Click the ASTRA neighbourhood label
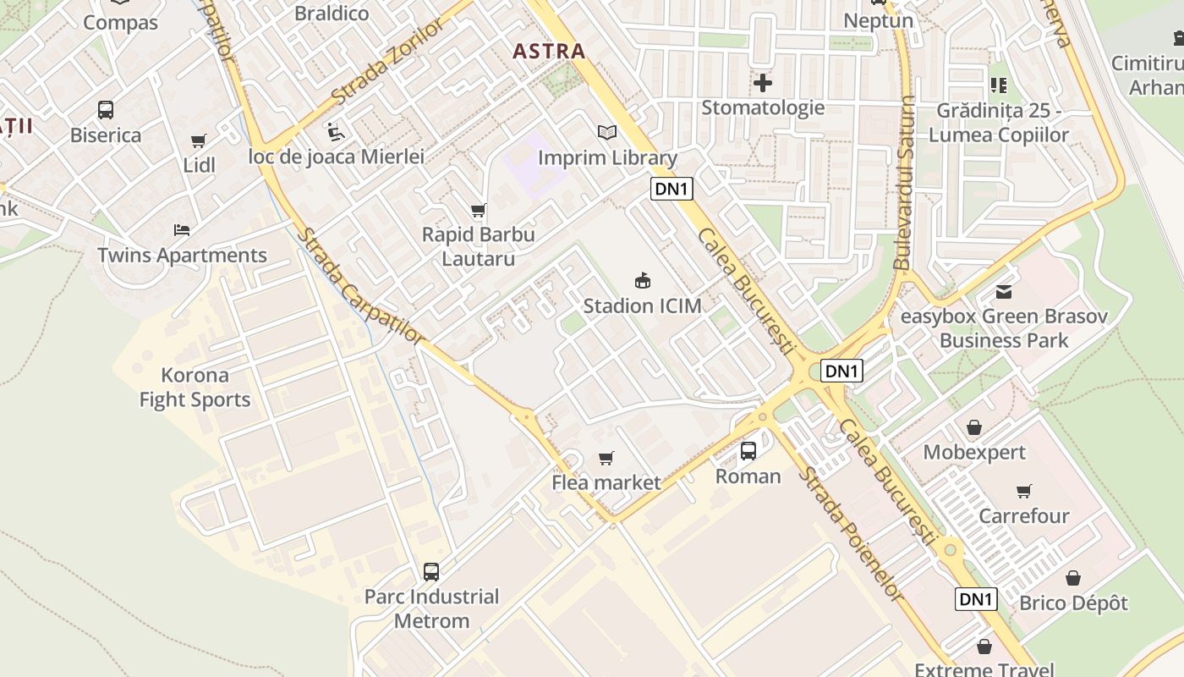[x=549, y=51]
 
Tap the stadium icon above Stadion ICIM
[x=643, y=280]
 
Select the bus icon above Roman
[x=748, y=451]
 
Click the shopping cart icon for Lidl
[x=199, y=140]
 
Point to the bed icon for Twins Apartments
[x=182, y=229]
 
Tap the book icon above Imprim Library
[x=607, y=132]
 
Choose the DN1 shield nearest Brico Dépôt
[x=976, y=599]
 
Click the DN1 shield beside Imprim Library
[x=671, y=189]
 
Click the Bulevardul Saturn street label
[x=905, y=183]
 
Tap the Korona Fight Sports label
[x=195, y=388]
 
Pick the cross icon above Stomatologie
[x=763, y=83]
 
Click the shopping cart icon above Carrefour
[x=1024, y=491]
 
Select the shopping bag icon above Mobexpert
[x=974, y=427]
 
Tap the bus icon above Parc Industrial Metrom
[x=431, y=572]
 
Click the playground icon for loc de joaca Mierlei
[x=336, y=132]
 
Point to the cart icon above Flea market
[x=606, y=458]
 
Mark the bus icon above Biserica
[x=106, y=110]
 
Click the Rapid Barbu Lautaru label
[x=479, y=246]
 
